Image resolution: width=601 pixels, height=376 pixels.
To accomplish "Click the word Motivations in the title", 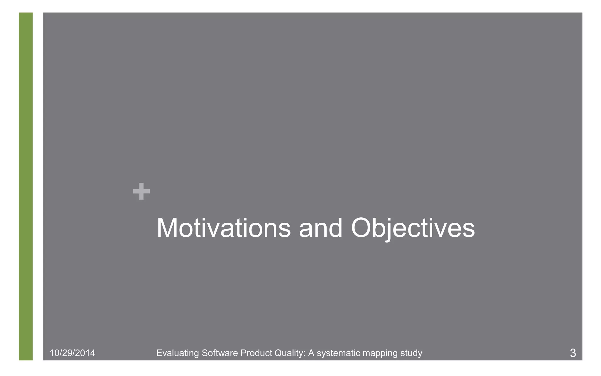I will pos(224,228).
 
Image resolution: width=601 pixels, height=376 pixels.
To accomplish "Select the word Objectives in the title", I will pos(413,228).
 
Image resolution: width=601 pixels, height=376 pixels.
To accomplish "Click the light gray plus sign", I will pos(141,191).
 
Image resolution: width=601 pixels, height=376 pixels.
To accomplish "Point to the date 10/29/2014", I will pos(72,353).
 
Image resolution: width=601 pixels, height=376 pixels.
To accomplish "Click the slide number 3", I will pos(573,353).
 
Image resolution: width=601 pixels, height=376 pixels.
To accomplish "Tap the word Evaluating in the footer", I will pos(178,353).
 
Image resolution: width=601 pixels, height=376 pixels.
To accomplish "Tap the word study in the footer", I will pos(412,353).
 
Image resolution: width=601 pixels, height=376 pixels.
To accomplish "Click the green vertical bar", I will pos(26,186).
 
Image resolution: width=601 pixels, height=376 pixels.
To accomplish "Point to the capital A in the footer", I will pos(311,353).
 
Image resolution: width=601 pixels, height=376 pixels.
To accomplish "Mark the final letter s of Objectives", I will pos(469,231).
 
